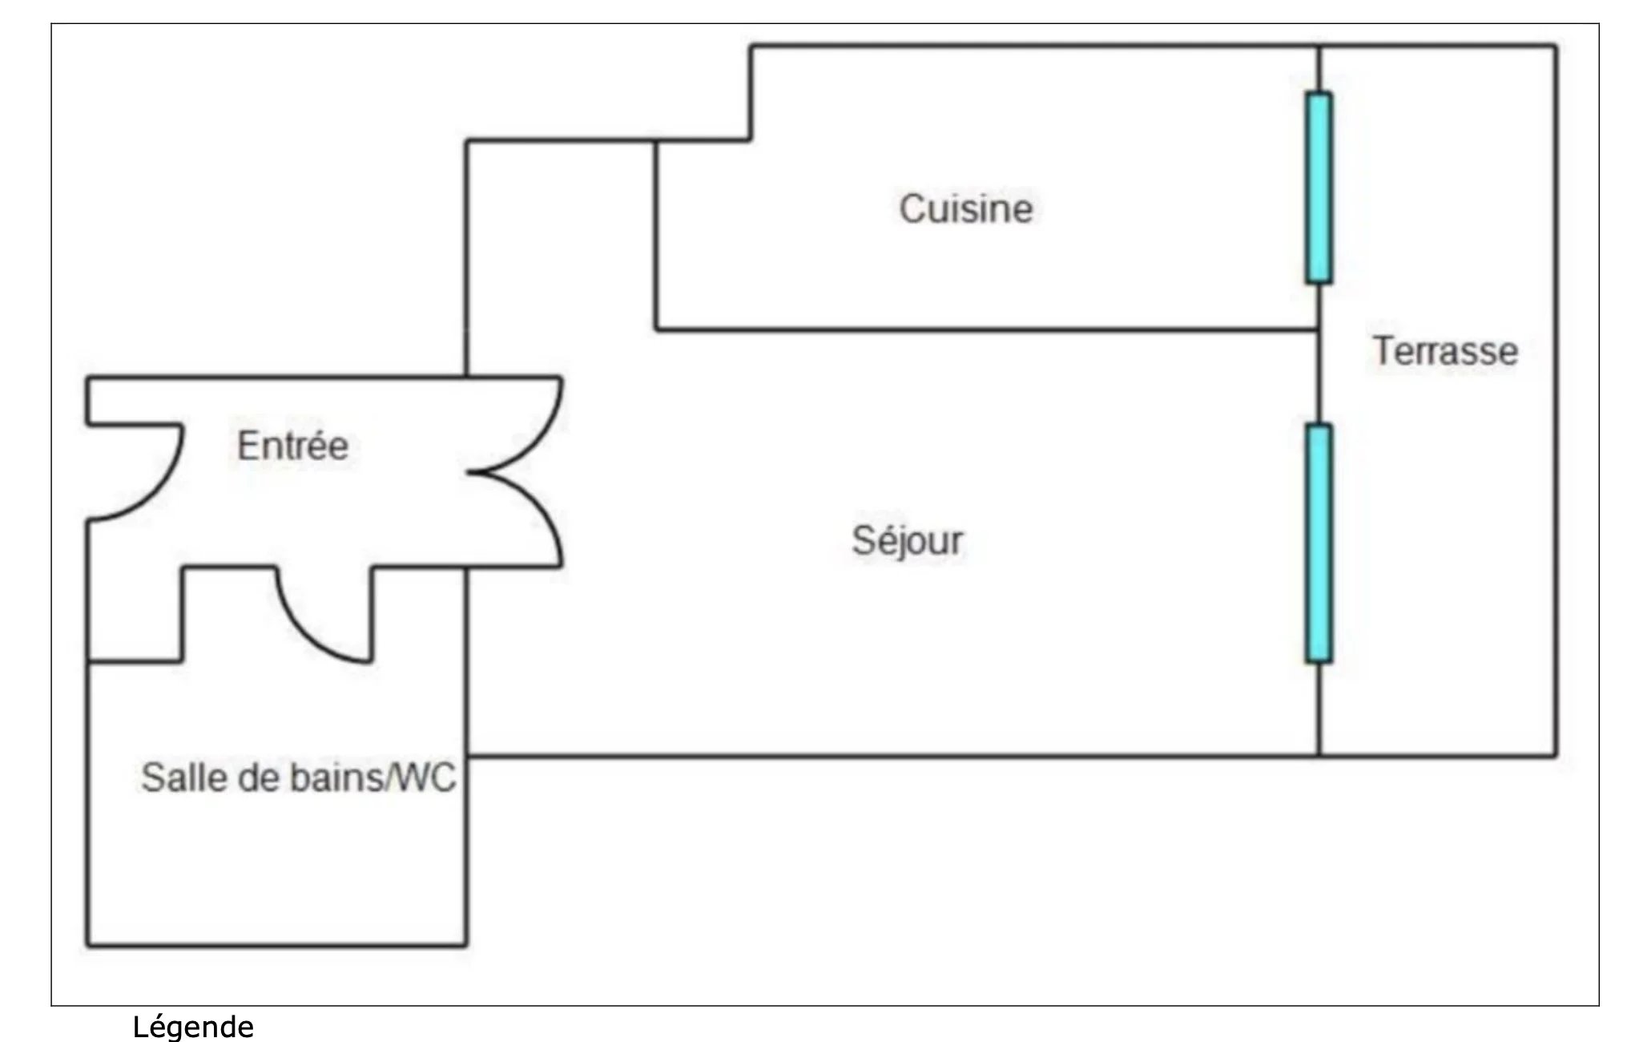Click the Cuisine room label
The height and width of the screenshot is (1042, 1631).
tap(966, 208)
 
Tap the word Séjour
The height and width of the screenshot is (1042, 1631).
tap(907, 540)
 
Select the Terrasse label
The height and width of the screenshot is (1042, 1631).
tap(1446, 351)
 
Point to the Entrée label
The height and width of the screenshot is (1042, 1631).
tap(293, 445)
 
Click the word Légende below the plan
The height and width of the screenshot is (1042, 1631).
tap(193, 1026)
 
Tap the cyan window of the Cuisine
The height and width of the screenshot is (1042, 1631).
tap(1319, 188)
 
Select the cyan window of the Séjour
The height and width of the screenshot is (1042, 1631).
tap(1319, 543)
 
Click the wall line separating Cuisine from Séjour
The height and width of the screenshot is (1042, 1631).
tap(987, 329)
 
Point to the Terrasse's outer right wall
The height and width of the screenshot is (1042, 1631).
tap(1556, 401)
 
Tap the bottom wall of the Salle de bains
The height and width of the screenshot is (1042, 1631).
tap(277, 946)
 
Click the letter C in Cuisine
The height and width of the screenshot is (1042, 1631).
tap(912, 208)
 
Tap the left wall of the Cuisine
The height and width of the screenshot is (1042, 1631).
tap(656, 235)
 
